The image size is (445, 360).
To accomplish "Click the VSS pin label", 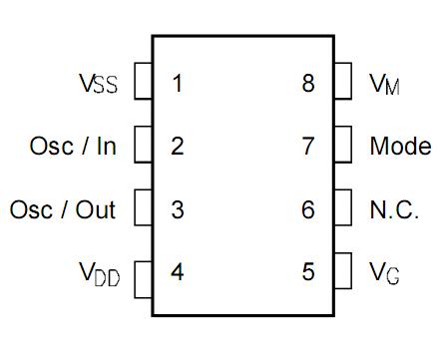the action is pos(98,84).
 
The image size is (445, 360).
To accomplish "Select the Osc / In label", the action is pos(73,147).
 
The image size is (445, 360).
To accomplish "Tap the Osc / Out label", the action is pos(63,210).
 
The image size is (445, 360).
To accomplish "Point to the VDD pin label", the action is pos(98,272).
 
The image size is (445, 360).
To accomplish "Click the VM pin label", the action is pos(385,84).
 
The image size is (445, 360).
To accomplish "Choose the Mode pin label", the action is pos(400,147).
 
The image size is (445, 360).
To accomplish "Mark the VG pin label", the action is pos(385,272).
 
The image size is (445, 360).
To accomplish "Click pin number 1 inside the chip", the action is pos(177,84).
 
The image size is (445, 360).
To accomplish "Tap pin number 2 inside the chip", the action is pos(177,147).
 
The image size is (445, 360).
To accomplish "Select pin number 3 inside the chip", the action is pos(177,210).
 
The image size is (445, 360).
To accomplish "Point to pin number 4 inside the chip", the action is pos(177,272).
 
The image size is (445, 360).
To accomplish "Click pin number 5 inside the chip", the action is pos(307,272).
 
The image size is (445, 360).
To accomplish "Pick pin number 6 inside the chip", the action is pos(307,210).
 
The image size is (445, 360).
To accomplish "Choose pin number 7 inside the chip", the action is pos(307,147).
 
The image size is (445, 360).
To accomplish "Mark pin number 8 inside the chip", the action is pos(307,84).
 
